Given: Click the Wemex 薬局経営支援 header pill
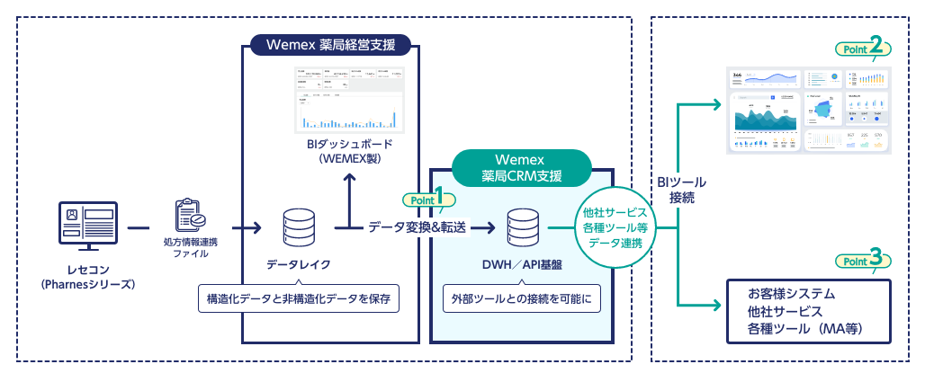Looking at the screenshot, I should tap(331, 44).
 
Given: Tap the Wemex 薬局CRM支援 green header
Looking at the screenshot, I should tap(521, 166).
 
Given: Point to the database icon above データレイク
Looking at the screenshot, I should tap(299, 228).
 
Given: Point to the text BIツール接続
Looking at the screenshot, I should tap(676, 190).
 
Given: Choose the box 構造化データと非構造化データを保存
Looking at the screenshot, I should tap(298, 298).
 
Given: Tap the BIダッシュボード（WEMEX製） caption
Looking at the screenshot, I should tap(349, 151).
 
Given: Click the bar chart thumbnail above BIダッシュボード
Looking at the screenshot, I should tap(349, 100).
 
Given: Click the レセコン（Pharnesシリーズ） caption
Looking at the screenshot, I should tap(87, 278).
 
